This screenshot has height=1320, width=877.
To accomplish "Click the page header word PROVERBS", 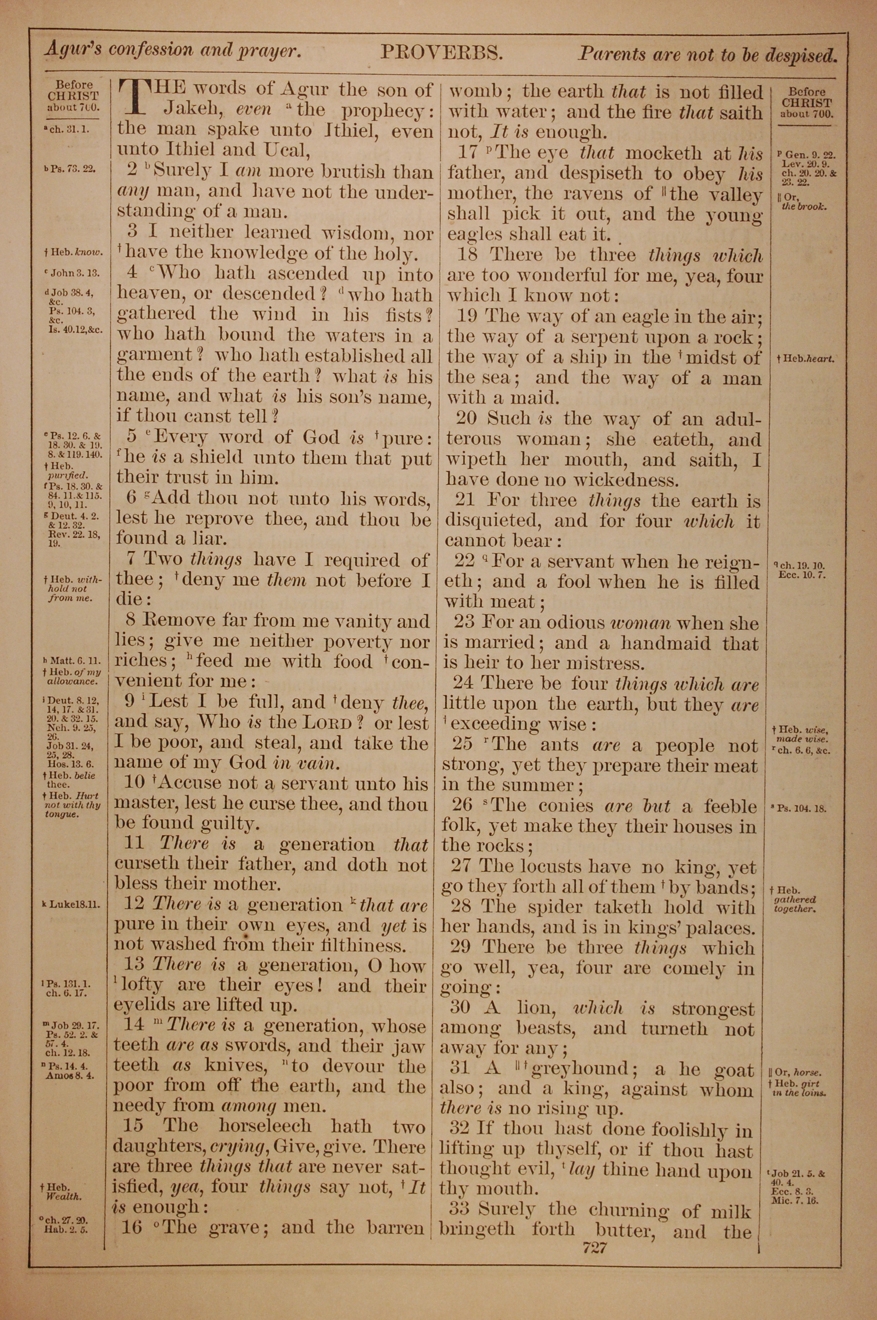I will (442, 53).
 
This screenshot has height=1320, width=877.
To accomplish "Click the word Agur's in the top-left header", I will (73, 50).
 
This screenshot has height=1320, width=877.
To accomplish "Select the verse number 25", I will (463, 745).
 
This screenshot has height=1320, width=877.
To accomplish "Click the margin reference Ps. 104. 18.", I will (802, 808).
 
